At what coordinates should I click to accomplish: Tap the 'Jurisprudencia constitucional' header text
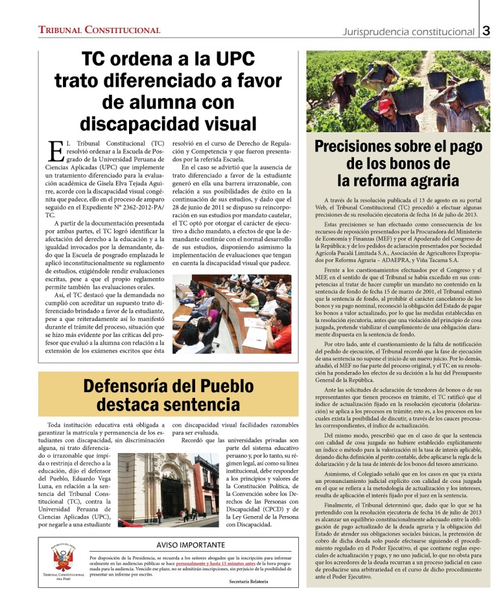409,31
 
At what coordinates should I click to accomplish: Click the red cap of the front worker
386,104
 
